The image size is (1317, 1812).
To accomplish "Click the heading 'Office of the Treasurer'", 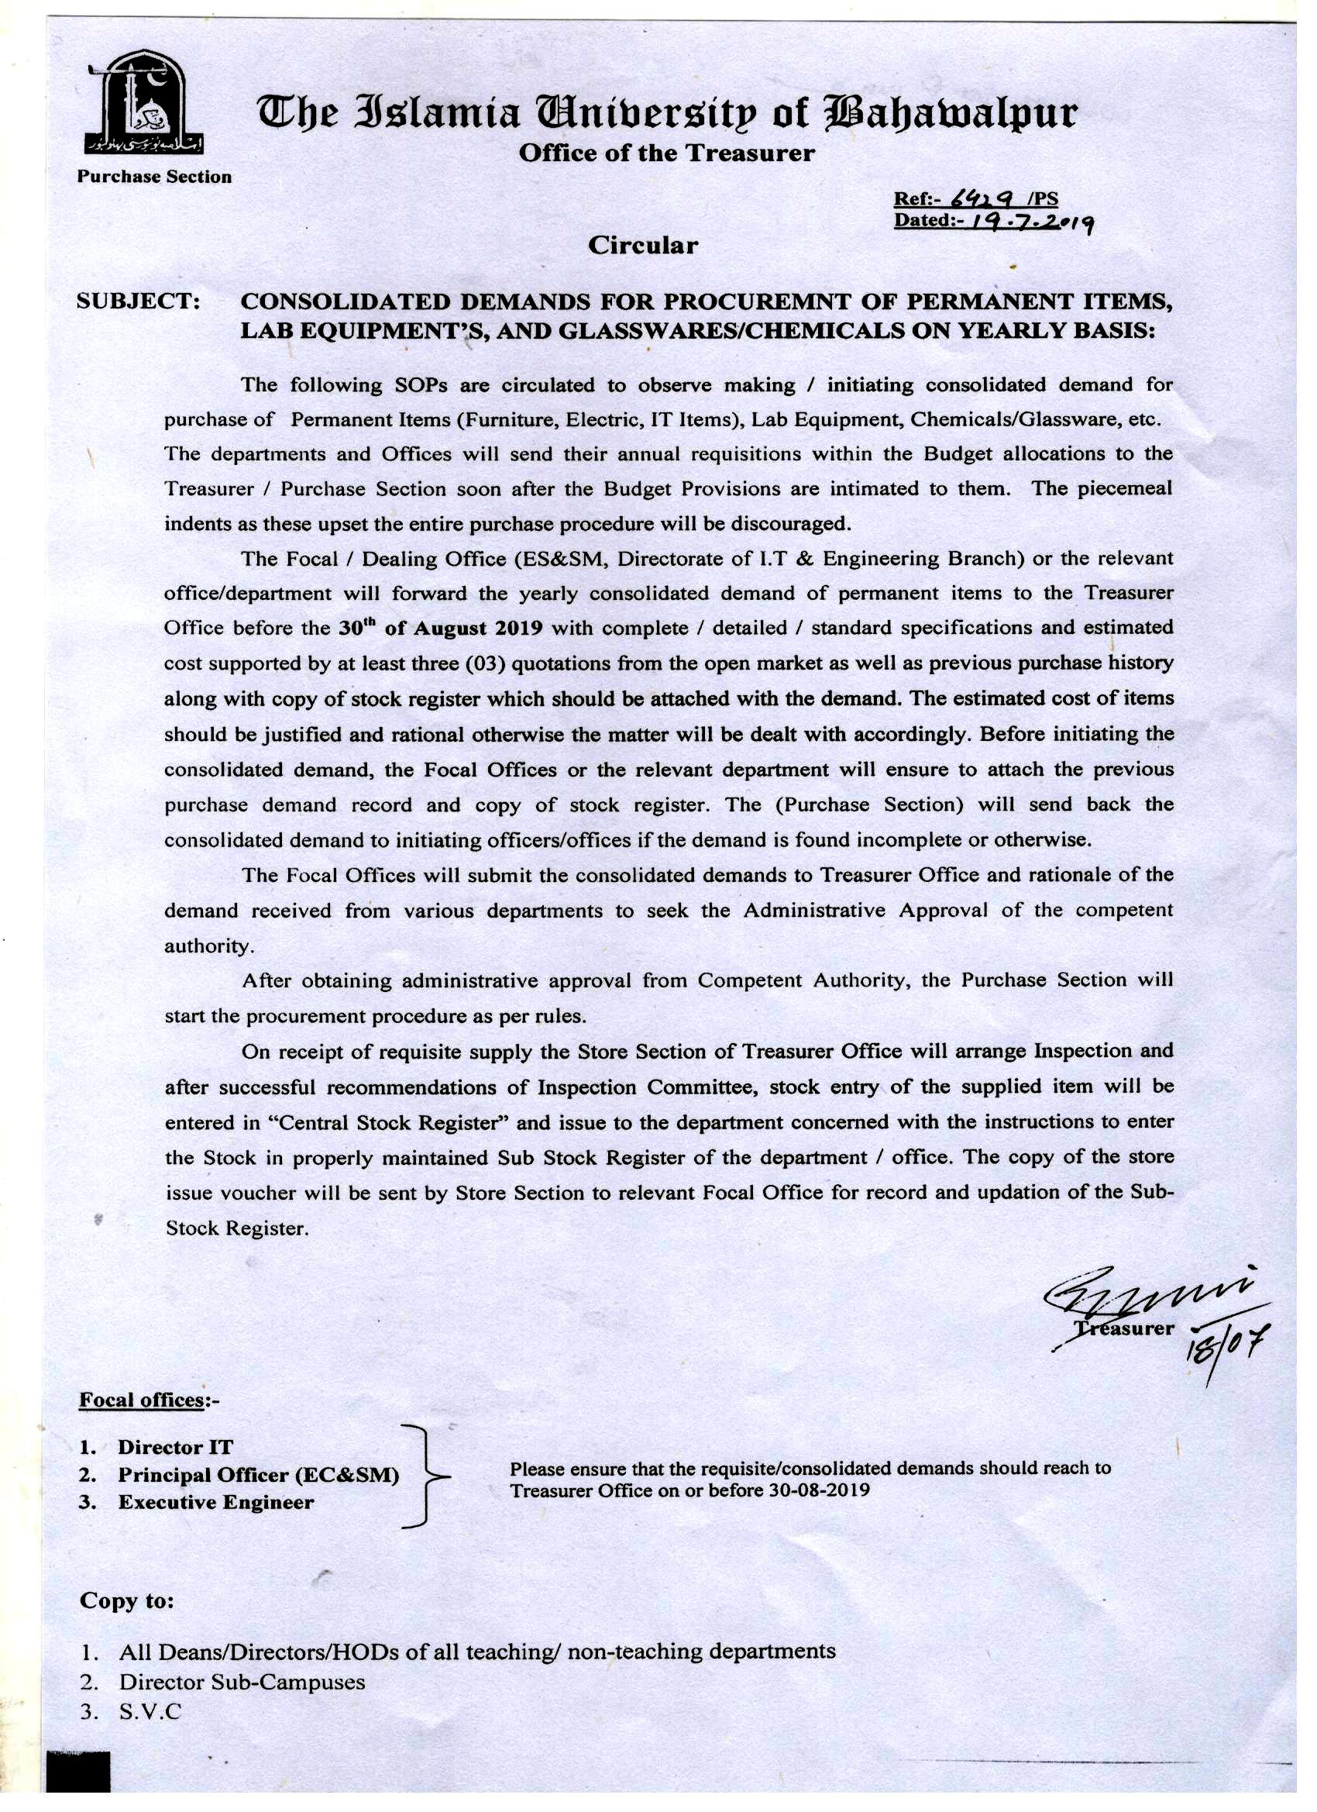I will [666, 153].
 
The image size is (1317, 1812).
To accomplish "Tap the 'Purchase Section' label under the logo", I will [154, 177].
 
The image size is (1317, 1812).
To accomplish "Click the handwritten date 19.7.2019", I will [1029, 222].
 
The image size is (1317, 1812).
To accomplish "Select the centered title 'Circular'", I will [642, 245].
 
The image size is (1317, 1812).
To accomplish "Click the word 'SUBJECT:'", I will [138, 302].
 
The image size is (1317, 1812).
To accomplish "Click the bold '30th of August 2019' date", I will [441, 628].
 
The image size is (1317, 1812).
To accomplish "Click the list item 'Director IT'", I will [175, 1447].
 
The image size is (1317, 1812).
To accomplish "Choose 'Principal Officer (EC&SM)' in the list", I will [258, 1475].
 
